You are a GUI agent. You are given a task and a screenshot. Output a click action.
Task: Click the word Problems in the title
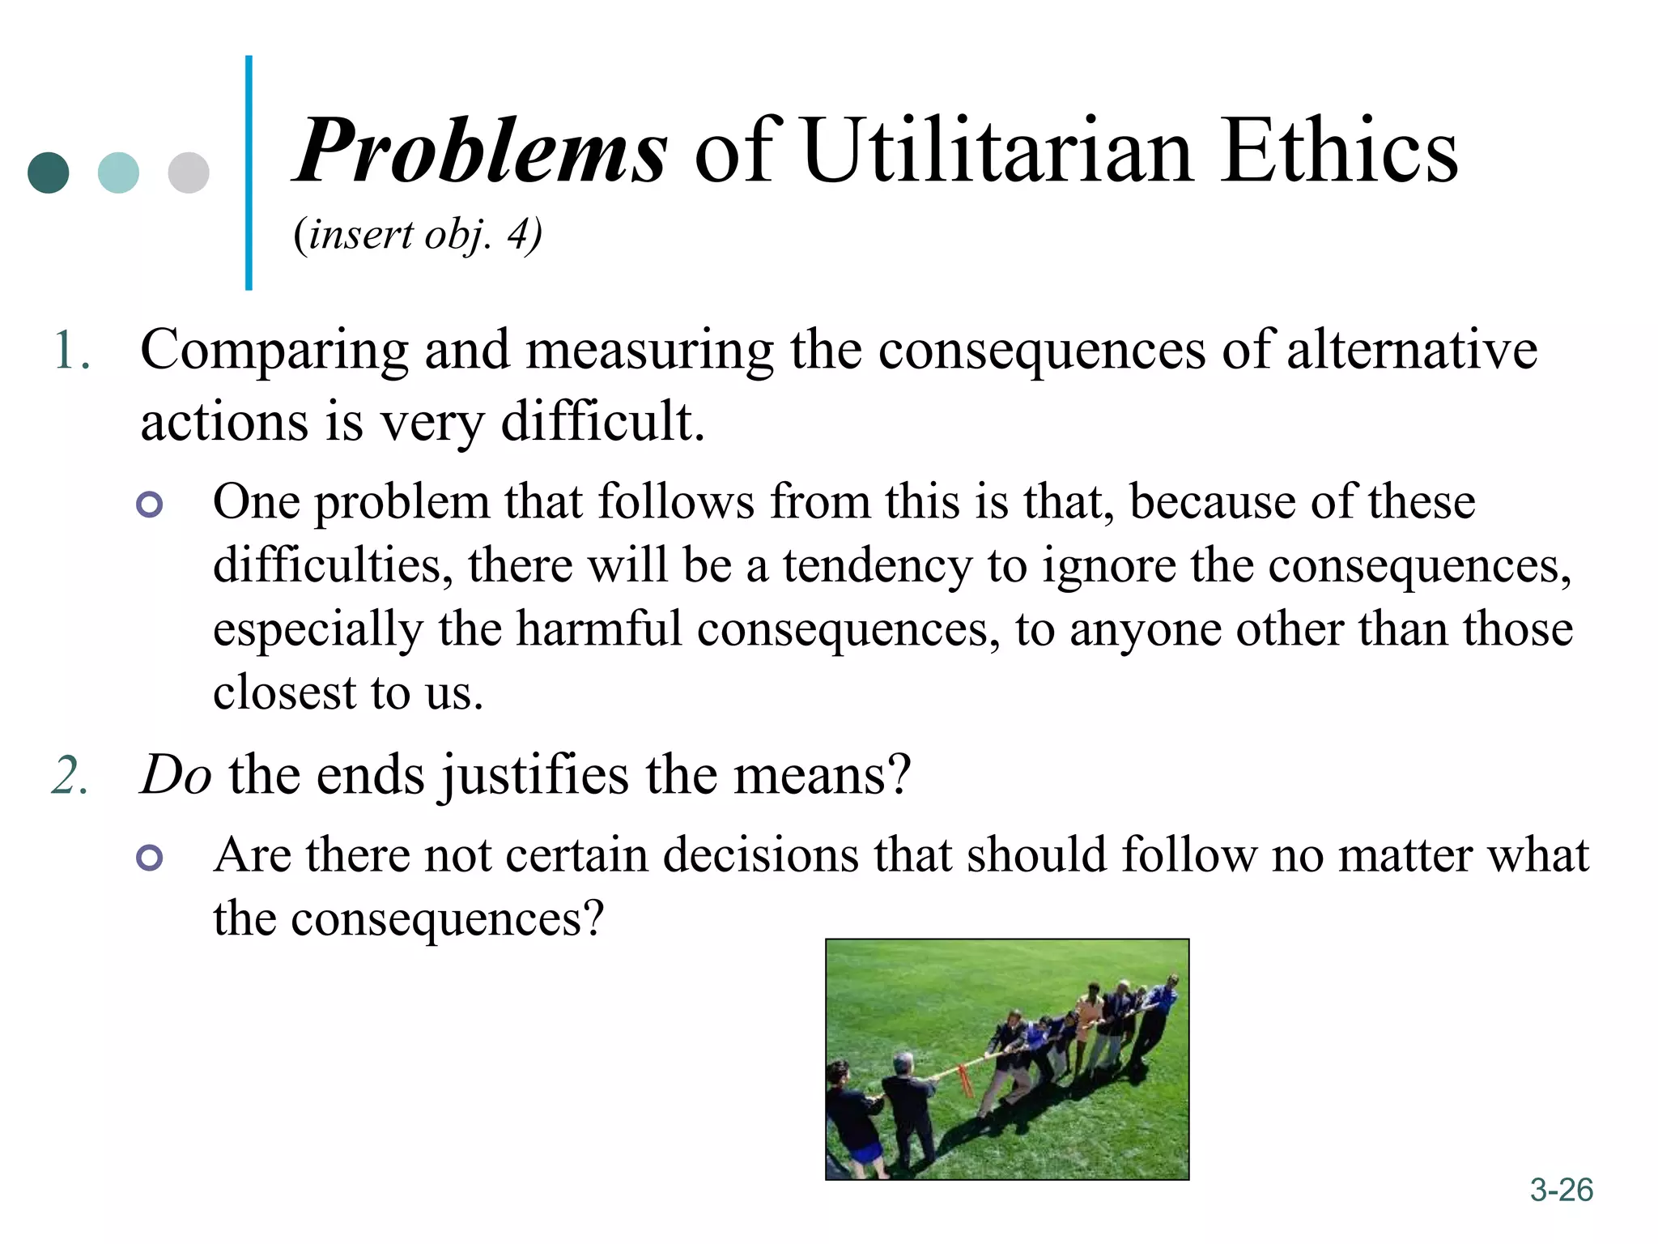481,151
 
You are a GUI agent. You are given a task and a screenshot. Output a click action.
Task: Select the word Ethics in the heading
1339,151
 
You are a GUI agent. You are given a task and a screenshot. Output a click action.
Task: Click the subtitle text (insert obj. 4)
418,236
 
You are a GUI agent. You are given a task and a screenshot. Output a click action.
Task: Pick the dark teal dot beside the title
48,173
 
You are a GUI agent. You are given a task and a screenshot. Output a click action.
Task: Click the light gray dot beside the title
189,173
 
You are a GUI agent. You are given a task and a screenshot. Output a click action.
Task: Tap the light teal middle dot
118,173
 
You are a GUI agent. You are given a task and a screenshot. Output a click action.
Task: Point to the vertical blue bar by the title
249,173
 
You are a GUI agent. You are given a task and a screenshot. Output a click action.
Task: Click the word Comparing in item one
274,351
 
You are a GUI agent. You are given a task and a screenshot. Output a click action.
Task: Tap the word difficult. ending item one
602,421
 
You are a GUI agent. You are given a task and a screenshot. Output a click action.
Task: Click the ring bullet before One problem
150,505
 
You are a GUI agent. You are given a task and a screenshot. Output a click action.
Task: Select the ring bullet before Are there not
150,857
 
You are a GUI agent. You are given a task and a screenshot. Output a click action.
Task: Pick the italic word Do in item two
176,775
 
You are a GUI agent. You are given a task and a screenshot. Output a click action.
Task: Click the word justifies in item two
534,776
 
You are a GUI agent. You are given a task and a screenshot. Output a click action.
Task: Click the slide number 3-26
1561,1190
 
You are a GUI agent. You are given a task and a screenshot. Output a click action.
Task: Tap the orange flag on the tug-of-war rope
965,1080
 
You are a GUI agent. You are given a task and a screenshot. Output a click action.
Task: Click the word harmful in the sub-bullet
599,629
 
